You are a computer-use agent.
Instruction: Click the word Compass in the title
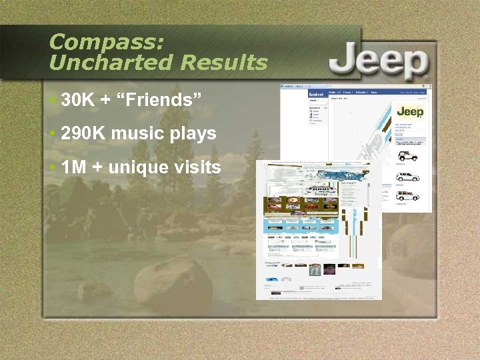coord(106,42)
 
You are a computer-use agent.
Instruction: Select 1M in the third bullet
coord(74,167)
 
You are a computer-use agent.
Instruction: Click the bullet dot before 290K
coord(53,133)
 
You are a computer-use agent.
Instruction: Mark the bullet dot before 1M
coord(53,167)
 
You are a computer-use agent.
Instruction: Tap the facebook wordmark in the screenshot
coord(315,96)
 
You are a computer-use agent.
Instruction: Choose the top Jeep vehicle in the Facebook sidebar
coord(407,156)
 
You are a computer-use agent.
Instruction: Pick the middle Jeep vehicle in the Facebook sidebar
coord(407,177)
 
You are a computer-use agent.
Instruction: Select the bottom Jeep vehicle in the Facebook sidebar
coord(407,196)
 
